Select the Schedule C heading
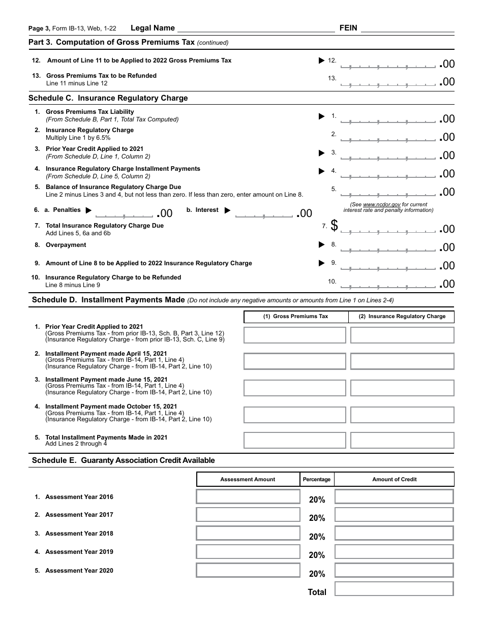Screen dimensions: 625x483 point(108,98)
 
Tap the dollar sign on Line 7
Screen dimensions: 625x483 point(334,225)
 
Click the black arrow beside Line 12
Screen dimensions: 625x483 point(321,60)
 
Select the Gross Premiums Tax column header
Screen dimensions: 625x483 point(295,316)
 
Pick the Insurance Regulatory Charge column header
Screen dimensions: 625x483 point(402,316)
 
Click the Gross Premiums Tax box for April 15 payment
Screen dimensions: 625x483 point(295,361)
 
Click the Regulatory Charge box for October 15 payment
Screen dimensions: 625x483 point(402,415)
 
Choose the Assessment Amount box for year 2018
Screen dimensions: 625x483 point(248,533)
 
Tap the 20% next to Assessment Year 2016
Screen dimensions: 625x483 point(317,500)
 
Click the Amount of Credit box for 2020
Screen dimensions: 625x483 point(394,570)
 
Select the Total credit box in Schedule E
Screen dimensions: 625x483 point(394,589)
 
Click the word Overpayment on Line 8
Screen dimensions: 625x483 point(66,245)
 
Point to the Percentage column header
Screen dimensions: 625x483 point(317,479)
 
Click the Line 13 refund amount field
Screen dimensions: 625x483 point(388,82)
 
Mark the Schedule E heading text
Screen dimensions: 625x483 point(123,460)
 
